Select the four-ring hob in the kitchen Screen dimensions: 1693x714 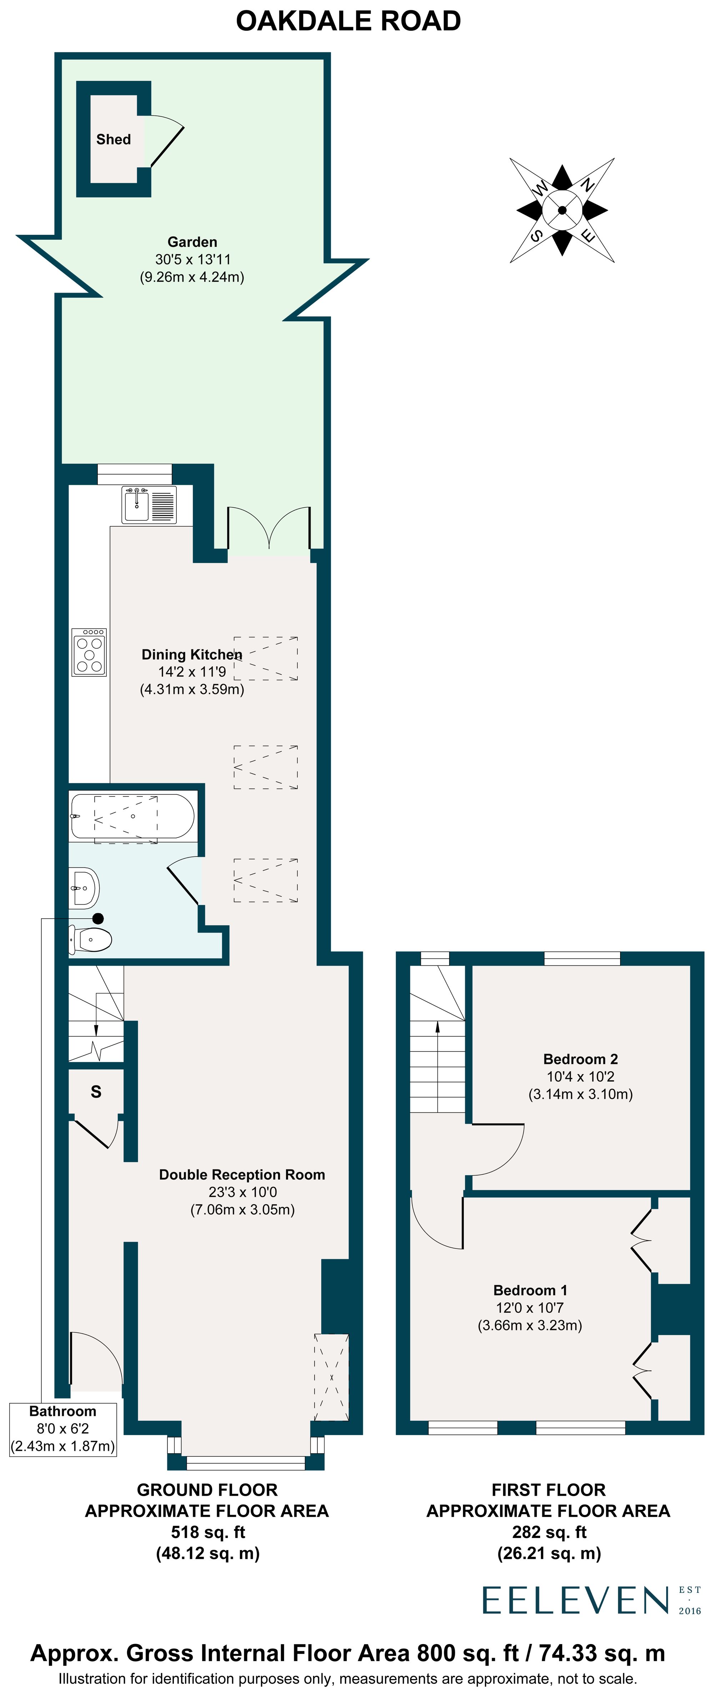coord(89,652)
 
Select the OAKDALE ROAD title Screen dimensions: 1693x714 coord(348,21)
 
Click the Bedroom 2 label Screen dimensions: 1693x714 coord(580,1059)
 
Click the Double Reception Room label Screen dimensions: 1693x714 coord(242,1175)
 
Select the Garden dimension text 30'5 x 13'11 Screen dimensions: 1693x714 coord(192,260)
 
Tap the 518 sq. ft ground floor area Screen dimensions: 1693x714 coord(207,1532)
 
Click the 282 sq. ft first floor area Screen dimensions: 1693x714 coord(549,1532)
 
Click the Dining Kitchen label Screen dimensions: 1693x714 coord(192,655)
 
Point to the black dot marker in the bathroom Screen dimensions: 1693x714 coord(98,918)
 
